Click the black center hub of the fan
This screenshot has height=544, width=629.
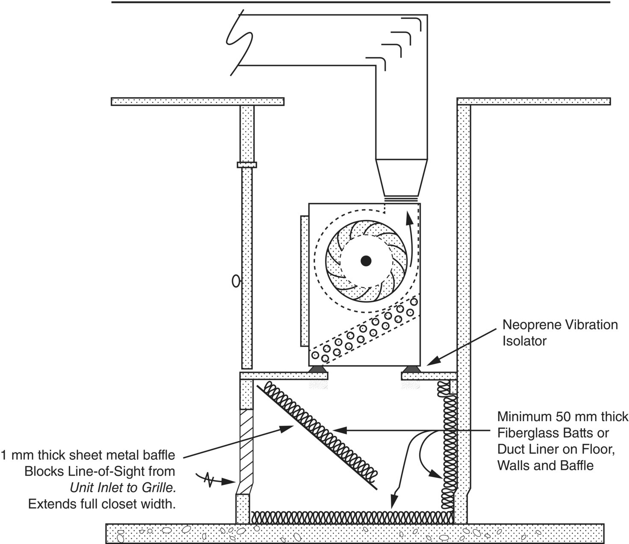click(366, 261)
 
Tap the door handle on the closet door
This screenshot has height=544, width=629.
click(235, 281)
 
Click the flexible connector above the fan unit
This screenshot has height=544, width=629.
click(401, 199)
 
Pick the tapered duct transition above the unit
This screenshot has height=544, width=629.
click(401, 177)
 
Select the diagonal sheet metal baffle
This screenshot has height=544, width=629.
click(316, 434)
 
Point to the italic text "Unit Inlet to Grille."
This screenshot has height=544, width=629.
click(123, 488)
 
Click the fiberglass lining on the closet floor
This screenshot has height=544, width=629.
click(351, 517)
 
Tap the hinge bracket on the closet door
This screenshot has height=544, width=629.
click(247, 165)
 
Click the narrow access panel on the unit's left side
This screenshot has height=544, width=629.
click(304, 280)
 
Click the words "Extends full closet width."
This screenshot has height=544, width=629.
click(102, 504)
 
